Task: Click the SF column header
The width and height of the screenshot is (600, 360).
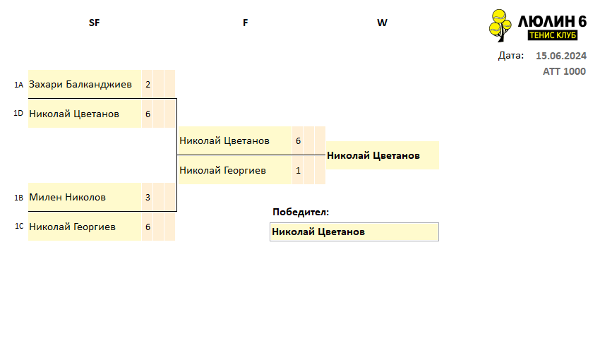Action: click(x=94, y=23)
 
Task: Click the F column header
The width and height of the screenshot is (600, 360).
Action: click(x=245, y=23)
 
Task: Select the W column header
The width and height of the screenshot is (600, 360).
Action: click(x=382, y=23)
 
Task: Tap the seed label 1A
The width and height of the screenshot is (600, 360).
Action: click(x=19, y=85)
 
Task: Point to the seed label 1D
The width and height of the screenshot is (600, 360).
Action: click(x=18, y=113)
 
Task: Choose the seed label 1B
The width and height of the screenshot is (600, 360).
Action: click(x=19, y=198)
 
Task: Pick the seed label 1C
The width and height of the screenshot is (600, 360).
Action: click(x=19, y=226)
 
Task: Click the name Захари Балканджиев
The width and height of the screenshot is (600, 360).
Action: click(x=80, y=84)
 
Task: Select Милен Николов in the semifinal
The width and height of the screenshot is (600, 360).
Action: click(x=67, y=197)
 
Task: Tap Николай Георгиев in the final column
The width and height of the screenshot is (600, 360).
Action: click(x=222, y=170)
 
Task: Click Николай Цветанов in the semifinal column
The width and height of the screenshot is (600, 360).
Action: click(x=74, y=114)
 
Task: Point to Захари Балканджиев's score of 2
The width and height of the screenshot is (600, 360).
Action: click(x=148, y=84)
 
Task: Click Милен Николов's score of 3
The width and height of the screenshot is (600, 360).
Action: click(x=148, y=198)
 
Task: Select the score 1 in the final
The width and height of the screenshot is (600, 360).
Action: click(x=298, y=171)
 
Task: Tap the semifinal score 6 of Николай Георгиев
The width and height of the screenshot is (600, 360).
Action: click(x=148, y=227)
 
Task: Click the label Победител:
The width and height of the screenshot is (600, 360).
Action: click(x=301, y=212)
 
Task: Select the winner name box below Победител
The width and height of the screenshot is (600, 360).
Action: click(x=354, y=232)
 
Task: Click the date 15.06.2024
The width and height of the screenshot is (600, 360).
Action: click(x=561, y=56)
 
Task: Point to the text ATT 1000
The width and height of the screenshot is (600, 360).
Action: click(x=564, y=71)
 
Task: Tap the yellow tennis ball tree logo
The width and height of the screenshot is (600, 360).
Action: click(x=500, y=25)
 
